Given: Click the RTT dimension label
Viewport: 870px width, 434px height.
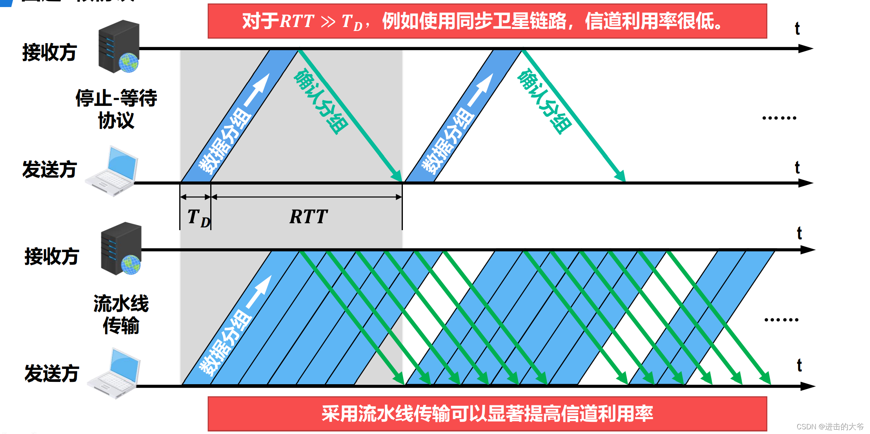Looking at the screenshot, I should pyautogui.click(x=308, y=216).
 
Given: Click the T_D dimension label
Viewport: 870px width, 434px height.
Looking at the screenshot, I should pyautogui.click(x=198, y=218).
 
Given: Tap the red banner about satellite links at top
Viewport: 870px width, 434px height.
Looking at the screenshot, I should pyautogui.click(x=487, y=21).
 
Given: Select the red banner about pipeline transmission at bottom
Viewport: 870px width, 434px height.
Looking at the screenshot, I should pyautogui.click(x=487, y=414).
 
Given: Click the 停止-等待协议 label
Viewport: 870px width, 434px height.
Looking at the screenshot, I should pyautogui.click(x=116, y=109).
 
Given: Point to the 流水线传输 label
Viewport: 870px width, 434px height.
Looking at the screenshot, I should pyautogui.click(x=121, y=314).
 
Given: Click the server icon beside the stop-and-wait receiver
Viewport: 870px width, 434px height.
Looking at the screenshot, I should pyautogui.click(x=119, y=47).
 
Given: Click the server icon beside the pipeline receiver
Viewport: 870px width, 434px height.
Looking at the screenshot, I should pyautogui.click(x=121, y=249).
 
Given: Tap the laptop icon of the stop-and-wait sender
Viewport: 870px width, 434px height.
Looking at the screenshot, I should pyautogui.click(x=112, y=171).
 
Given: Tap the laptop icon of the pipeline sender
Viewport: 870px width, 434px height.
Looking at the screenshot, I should pyautogui.click(x=114, y=373).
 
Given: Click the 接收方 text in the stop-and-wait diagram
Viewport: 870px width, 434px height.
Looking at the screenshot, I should pyautogui.click(x=49, y=52).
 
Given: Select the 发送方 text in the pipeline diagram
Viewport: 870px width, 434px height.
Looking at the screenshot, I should pyautogui.click(x=52, y=373).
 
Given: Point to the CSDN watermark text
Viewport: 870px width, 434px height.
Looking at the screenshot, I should pyautogui.click(x=830, y=426).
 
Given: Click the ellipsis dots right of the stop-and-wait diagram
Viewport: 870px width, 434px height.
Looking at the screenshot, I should pyautogui.click(x=779, y=118).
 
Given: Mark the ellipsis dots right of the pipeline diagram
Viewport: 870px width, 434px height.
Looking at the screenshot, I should pyautogui.click(x=781, y=320).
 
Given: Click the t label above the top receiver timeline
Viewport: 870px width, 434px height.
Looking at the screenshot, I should pyautogui.click(x=797, y=29).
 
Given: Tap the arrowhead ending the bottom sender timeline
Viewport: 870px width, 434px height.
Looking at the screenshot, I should pyautogui.click(x=808, y=386).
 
